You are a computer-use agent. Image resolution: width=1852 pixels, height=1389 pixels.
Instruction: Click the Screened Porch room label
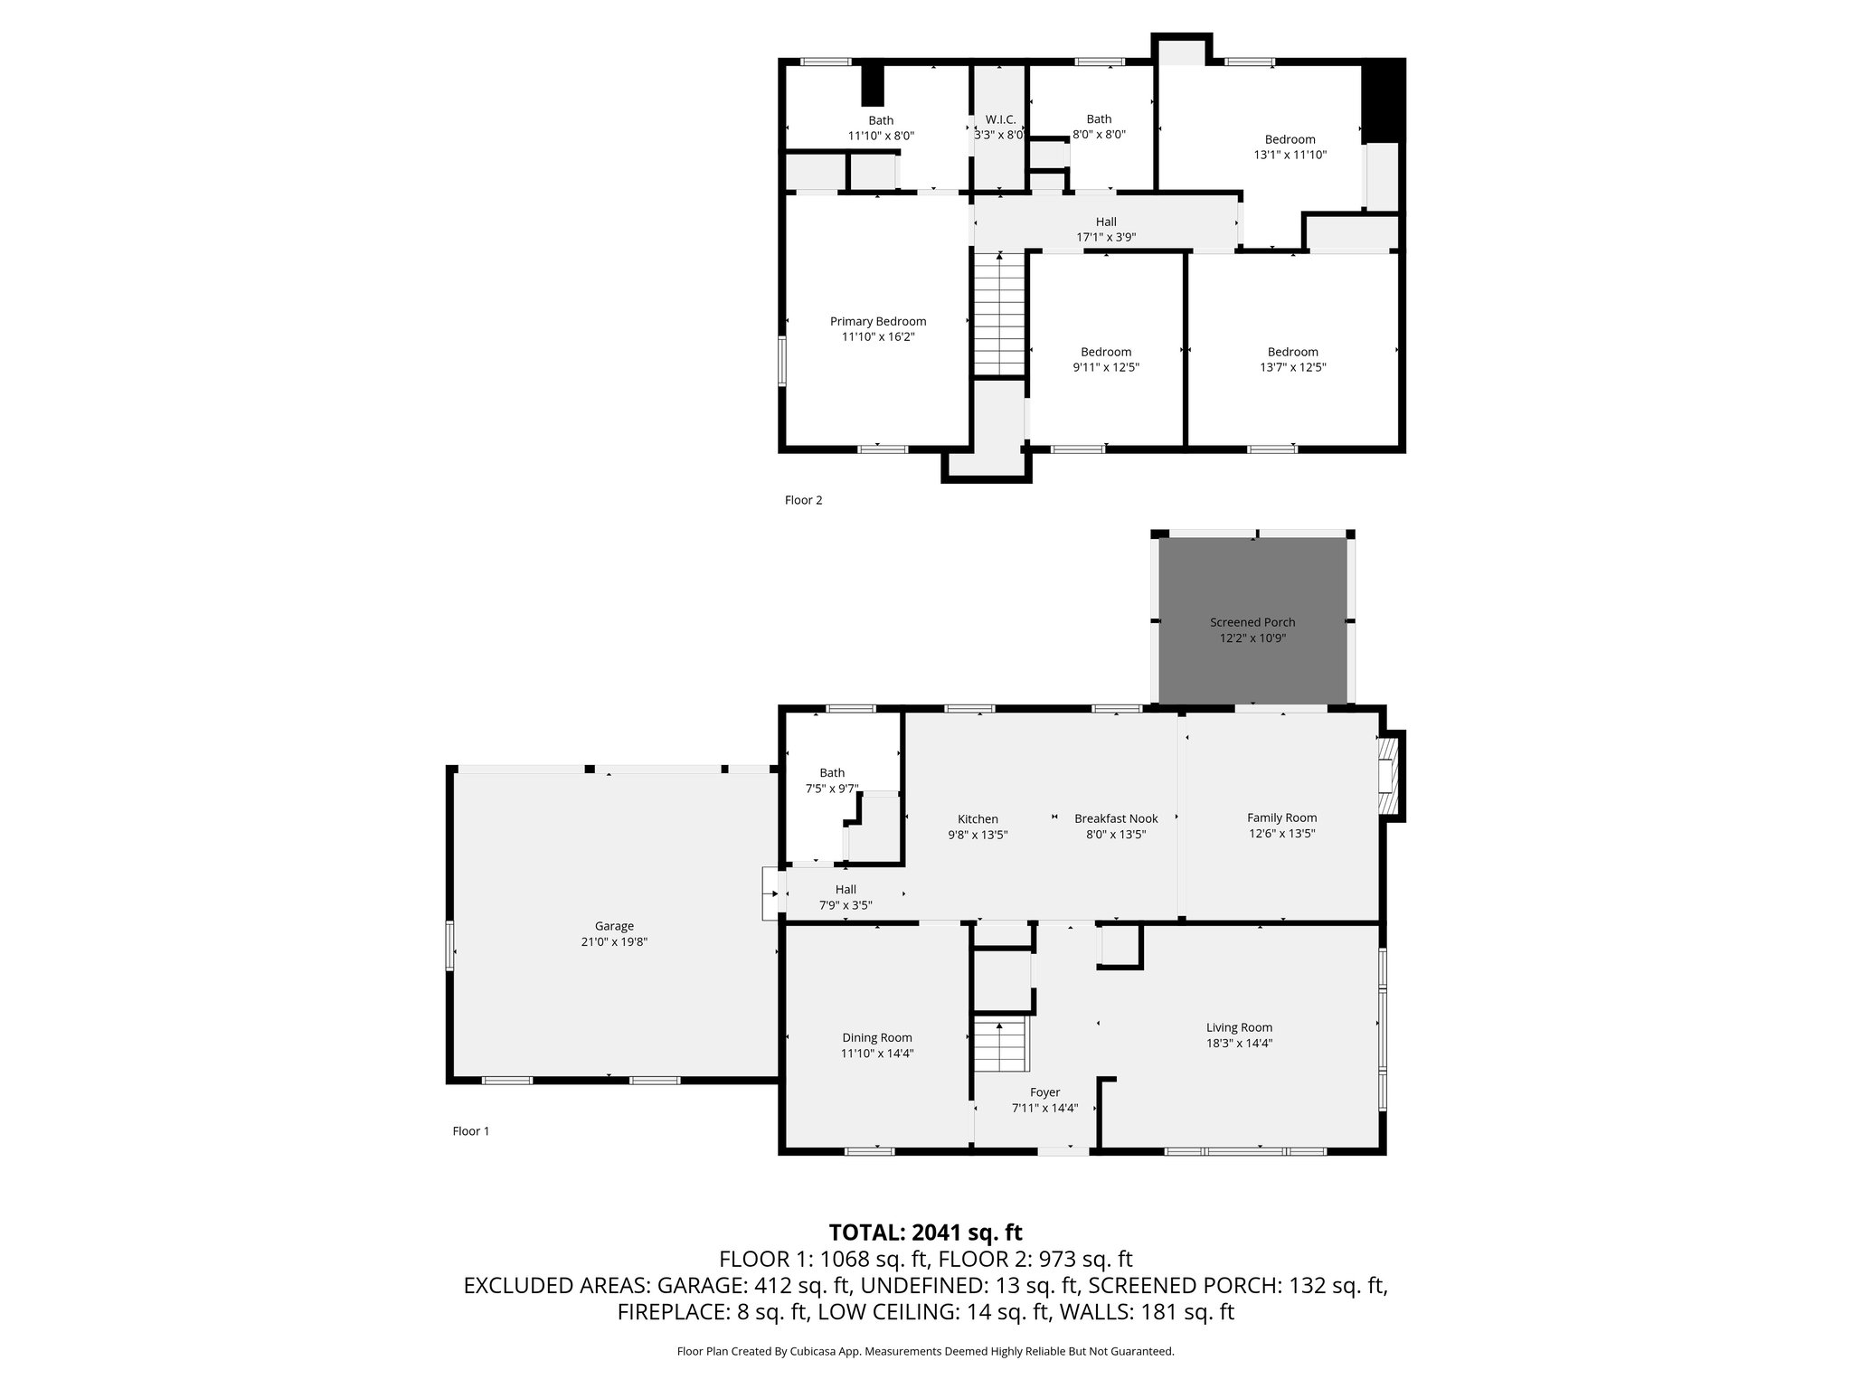point(1252,622)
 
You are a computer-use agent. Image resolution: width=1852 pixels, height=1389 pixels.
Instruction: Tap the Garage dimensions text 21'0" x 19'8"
point(614,941)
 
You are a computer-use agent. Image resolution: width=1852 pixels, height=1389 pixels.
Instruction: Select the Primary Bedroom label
point(878,321)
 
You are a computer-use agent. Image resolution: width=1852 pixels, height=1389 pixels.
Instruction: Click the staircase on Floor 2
point(999,315)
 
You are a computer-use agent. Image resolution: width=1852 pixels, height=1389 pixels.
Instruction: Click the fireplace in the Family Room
point(1387,776)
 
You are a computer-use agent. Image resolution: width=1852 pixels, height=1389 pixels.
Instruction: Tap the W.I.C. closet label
point(1000,119)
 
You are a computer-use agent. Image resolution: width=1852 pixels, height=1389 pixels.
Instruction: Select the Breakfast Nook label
point(1116,818)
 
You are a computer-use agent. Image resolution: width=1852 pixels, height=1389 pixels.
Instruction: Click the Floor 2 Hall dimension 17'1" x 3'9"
point(1106,237)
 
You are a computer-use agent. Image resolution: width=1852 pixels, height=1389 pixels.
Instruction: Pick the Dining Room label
point(877,1037)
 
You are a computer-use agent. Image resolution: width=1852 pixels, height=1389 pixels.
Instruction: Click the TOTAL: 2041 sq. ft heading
point(925,1232)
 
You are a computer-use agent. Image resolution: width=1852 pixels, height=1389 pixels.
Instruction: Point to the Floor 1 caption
point(470,1130)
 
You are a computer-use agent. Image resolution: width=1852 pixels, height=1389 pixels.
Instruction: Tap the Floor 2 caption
point(803,500)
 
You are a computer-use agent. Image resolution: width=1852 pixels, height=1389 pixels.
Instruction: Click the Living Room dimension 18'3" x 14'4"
point(1239,1043)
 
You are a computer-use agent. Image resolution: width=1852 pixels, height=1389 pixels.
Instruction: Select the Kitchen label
point(978,819)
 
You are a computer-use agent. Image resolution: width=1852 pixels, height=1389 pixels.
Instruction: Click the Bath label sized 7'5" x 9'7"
point(832,772)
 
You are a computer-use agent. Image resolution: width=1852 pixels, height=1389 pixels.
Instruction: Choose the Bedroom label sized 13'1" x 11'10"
point(1290,139)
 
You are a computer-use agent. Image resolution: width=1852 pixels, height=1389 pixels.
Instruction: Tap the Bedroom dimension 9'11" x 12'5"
point(1106,367)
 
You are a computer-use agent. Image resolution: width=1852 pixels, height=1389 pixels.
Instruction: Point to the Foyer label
point(1044,1092)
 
